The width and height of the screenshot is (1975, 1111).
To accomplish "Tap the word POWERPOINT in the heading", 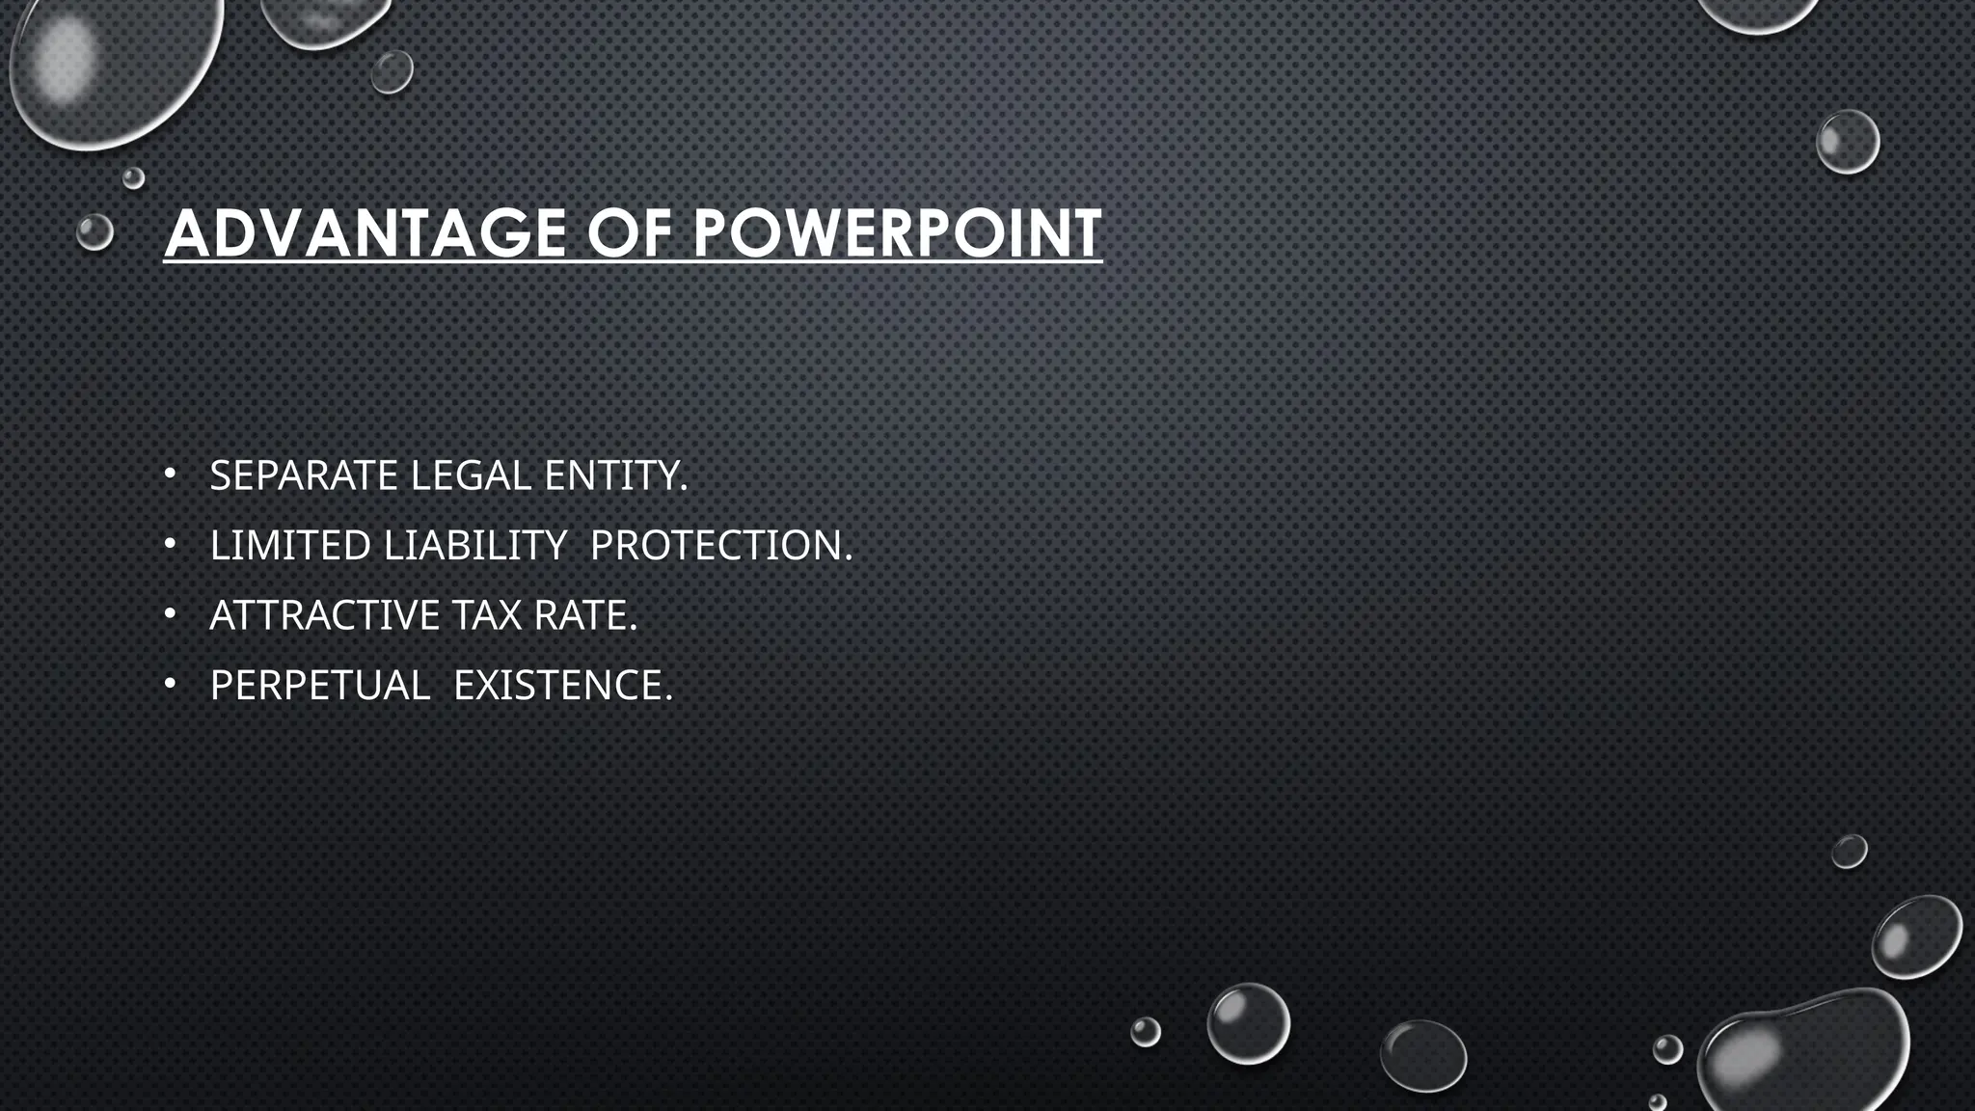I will tap(897, 233).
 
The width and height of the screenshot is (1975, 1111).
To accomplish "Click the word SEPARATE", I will tap(304, 475).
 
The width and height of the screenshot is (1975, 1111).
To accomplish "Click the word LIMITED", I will tap(290, 546).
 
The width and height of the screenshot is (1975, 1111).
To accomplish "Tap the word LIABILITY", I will tap(475, 546).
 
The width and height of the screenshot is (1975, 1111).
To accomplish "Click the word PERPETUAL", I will tap(319, 686).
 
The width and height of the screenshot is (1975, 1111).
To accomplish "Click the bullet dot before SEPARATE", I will tap(170, 474).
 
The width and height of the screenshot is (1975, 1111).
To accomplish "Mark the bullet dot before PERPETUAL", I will tap(170, 684).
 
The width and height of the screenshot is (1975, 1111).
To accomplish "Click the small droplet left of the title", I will tap(95, 232).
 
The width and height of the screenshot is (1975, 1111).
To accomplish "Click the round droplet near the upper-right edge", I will tap(1848, 142).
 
